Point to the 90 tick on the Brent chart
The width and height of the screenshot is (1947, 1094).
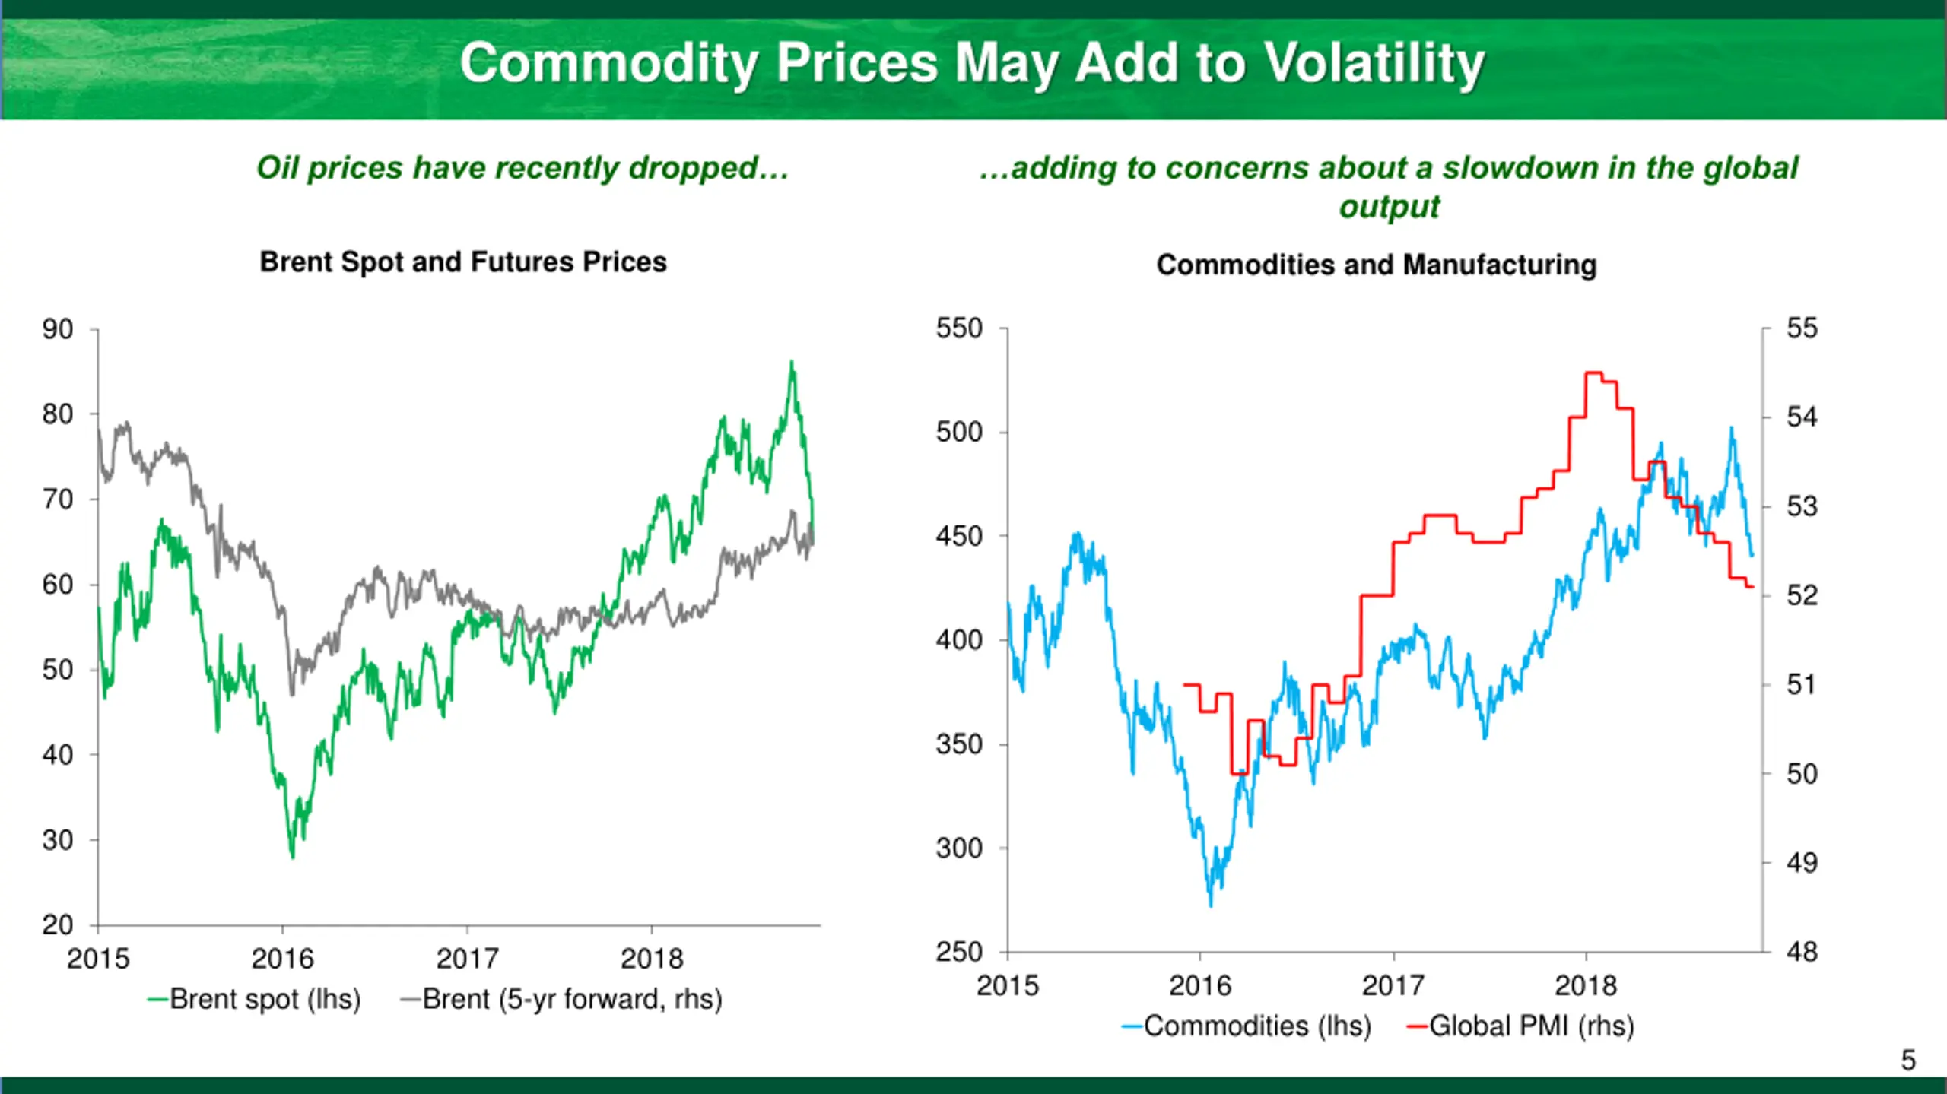[x=58, y=329]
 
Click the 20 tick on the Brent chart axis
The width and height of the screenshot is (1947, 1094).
[x=58, y=924]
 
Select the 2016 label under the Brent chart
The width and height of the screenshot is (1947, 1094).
[x=282, y=959]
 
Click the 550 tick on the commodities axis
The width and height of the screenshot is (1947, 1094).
[x=959, y=328]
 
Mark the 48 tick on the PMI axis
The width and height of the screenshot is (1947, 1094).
[x=1802, y=951]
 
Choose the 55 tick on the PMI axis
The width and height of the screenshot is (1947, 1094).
[x=1802, y=328]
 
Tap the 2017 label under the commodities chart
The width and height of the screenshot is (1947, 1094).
[x=1393, y=986]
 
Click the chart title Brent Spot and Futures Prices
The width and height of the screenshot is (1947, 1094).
[x=463, y=262]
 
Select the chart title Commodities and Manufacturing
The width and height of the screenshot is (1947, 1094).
[x=1376, y=265]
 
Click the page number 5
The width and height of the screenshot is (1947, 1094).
[x=1908, y=1060]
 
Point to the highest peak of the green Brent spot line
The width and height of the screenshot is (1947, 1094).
[x=792, y=363]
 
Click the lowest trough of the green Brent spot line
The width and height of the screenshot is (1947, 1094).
[x=293, y=857]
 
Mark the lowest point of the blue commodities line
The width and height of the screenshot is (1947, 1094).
[x=1211, y=905]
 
